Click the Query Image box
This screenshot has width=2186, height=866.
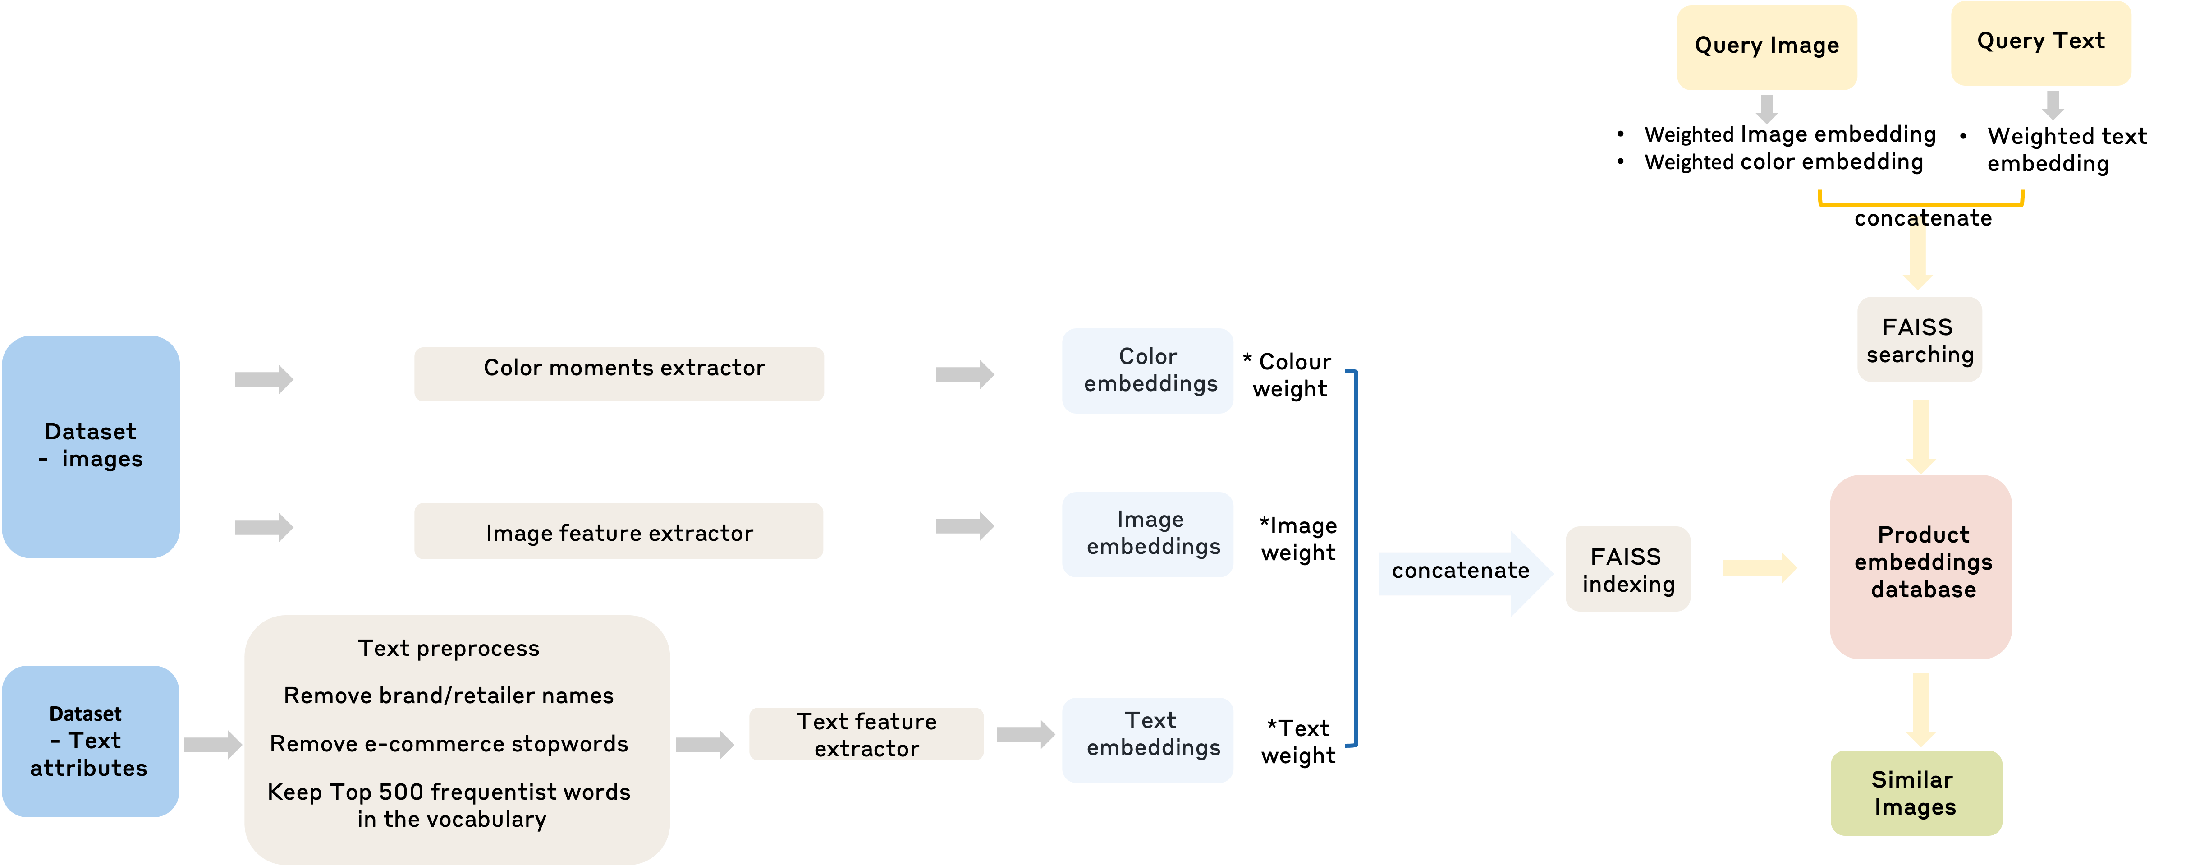click(x=1767, y=47)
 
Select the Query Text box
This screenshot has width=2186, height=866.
click(x=2041, y=42)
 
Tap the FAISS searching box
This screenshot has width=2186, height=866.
click(x=1920, y=340)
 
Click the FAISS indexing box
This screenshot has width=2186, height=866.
click(x=1627, y=569)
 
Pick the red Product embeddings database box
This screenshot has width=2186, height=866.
click(x=1921, y=567)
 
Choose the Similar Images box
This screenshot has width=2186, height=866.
click(x=1916, y=793)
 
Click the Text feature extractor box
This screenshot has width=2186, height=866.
click(x=866, y=734)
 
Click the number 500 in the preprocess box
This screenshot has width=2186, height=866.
click(x=400, y=792)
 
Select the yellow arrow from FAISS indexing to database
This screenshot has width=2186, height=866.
click(x=1758, y=568)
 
